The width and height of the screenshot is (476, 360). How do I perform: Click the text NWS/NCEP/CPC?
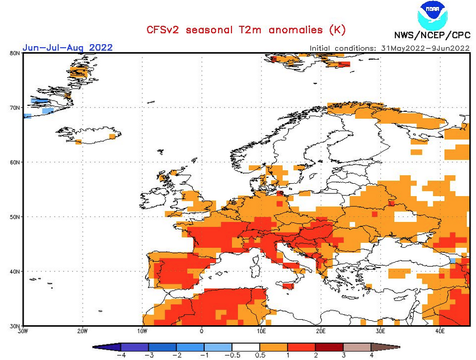(x=431, y=35)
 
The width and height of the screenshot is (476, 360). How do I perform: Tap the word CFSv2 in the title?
(x=163, y=30)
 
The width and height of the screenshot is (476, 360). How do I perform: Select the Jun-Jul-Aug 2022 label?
(x=68, y=47)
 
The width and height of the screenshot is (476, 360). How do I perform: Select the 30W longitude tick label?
(x=23, y=332)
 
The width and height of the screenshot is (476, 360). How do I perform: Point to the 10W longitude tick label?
(x=142, y=332)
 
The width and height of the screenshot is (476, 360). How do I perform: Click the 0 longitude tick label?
(x=201, y=332)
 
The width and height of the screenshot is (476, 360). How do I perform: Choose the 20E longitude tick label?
(x=321, y=332)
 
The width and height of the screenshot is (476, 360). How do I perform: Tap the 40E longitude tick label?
(x=440, y=332)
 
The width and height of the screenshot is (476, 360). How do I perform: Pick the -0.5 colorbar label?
(x=231, y=355)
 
